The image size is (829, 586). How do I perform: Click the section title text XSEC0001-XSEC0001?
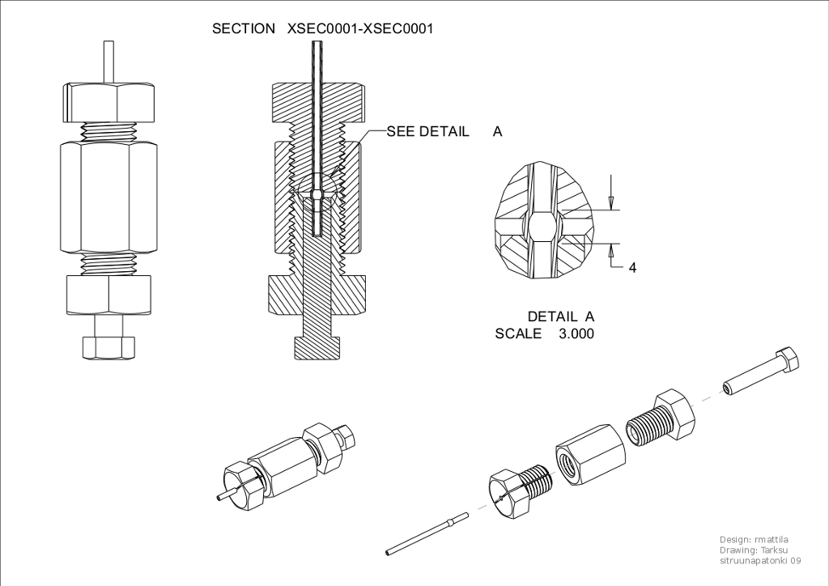click(360, 28)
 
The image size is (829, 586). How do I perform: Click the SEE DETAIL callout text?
click(427, 131)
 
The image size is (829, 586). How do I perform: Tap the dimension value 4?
click(632, 267)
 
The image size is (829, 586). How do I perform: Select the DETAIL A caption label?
click(561, 316)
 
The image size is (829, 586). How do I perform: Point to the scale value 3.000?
click(576, 333)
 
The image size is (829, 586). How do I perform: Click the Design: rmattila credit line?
click(754, 540)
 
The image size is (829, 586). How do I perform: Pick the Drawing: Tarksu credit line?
click(754, 550)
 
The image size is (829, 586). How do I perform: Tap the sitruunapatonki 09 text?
click(760, 560)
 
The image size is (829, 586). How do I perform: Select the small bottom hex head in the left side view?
click(109, 347)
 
